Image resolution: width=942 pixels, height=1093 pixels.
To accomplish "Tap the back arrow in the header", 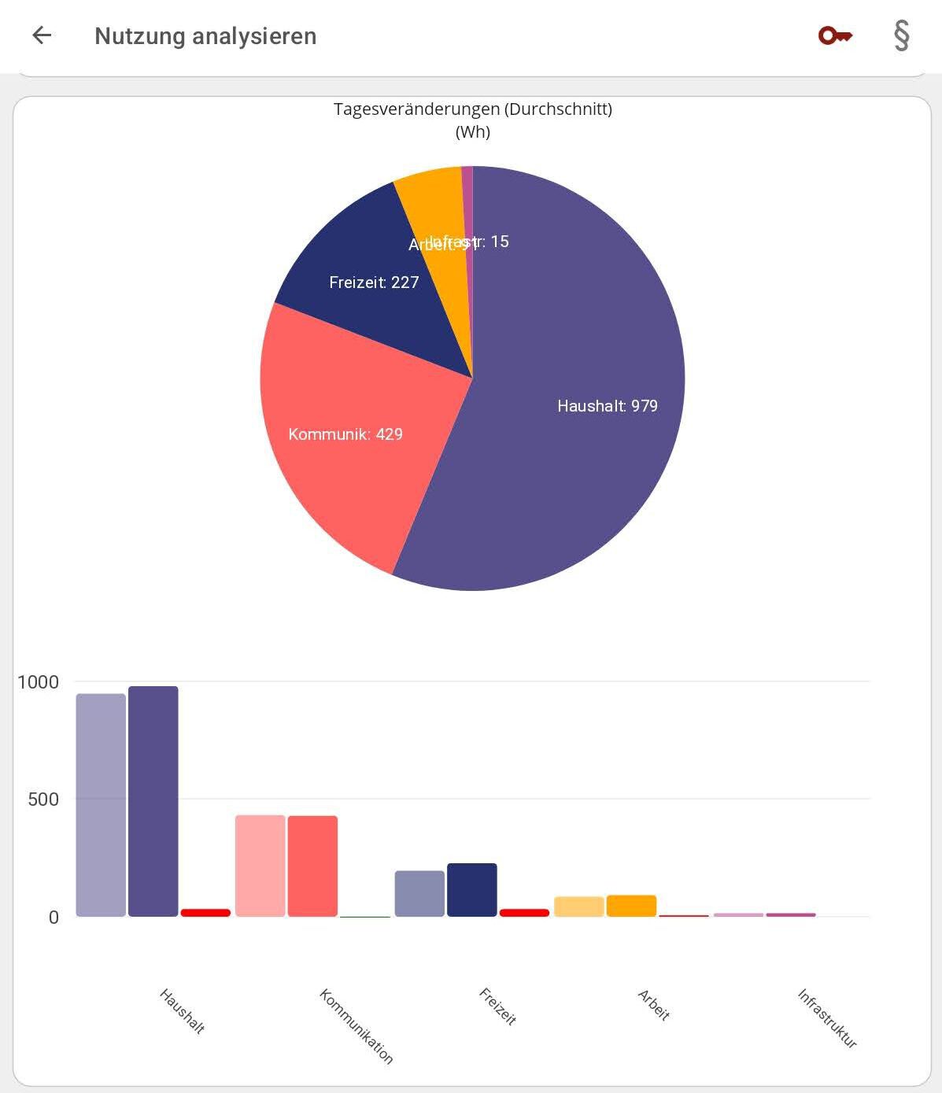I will point(42,35).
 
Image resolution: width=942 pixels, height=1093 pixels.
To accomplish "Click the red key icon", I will point(834,35).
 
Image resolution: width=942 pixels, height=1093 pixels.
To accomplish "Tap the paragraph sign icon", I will point(902,35).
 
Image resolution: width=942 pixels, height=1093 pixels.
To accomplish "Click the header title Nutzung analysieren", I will point(205,36).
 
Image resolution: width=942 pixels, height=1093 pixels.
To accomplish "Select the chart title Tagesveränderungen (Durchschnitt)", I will point(472,109).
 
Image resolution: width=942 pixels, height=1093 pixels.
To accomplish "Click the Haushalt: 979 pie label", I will point(607,406).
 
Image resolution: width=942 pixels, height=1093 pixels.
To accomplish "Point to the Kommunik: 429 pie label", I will point(345,434).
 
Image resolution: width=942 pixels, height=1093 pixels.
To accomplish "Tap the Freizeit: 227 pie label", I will point(374,282).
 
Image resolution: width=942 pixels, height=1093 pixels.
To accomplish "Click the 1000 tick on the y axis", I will point(38,682).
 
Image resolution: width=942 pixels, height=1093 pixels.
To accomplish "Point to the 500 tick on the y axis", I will point(43,799).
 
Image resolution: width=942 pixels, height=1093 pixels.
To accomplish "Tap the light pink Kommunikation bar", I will point(260,866).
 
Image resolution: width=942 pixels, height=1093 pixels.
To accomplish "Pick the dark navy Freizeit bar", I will point(471,890).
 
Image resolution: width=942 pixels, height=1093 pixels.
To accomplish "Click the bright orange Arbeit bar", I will point(631,906).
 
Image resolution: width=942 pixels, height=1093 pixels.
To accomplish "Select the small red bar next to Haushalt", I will point(205,913).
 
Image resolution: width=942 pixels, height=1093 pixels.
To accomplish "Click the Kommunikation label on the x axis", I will point(356,1026).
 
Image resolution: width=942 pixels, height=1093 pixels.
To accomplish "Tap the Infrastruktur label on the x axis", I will point(826,1018).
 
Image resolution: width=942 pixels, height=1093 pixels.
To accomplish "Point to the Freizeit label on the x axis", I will point(497,1006).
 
